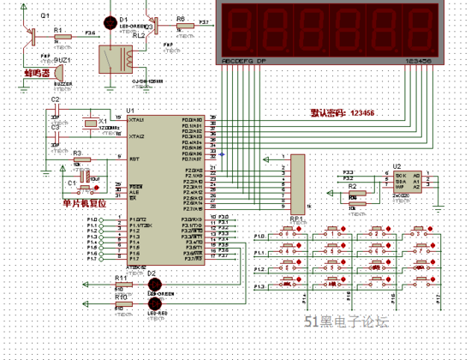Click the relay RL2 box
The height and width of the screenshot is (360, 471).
113,58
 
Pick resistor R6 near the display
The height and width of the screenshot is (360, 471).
181,26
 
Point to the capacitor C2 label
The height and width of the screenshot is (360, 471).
55,100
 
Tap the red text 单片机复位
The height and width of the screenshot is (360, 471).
84,203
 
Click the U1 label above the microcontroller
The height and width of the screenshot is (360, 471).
130,111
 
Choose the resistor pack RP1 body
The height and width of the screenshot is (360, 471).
297,183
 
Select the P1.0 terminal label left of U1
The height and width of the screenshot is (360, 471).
92,220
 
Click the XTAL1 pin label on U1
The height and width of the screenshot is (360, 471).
136,120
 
